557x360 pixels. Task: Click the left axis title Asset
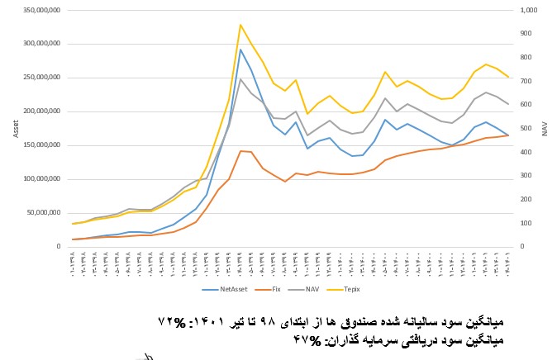15,128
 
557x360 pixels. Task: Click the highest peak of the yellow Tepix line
240,25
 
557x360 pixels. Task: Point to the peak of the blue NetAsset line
240,50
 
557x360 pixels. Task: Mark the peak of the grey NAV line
240,79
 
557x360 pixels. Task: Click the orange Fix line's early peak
240,151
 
